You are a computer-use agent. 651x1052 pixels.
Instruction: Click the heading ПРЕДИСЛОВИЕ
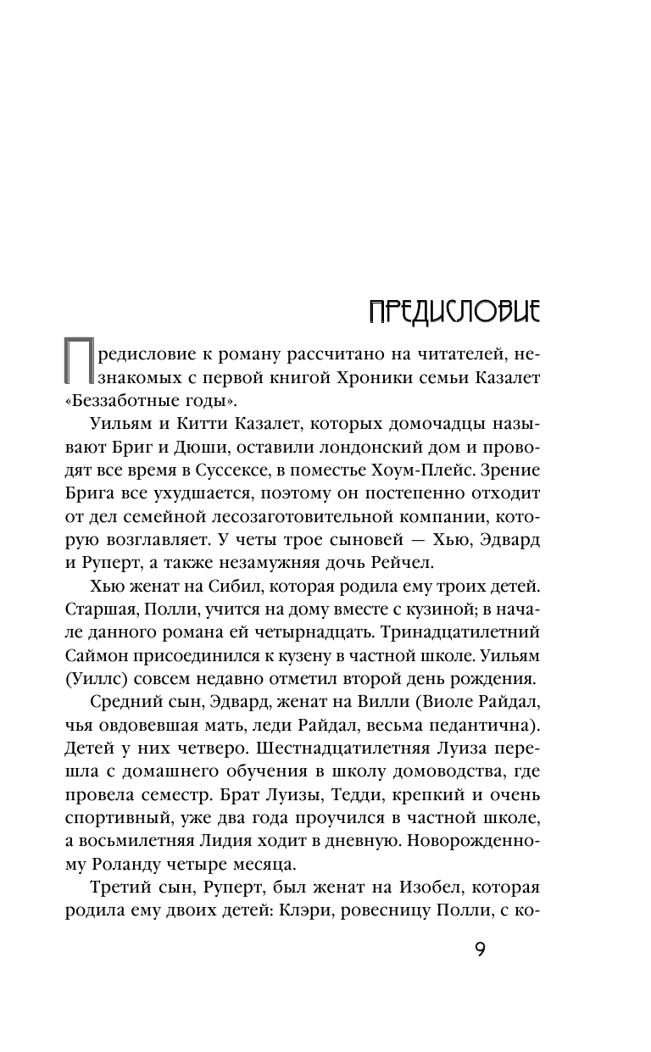click(x=454, y=310)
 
